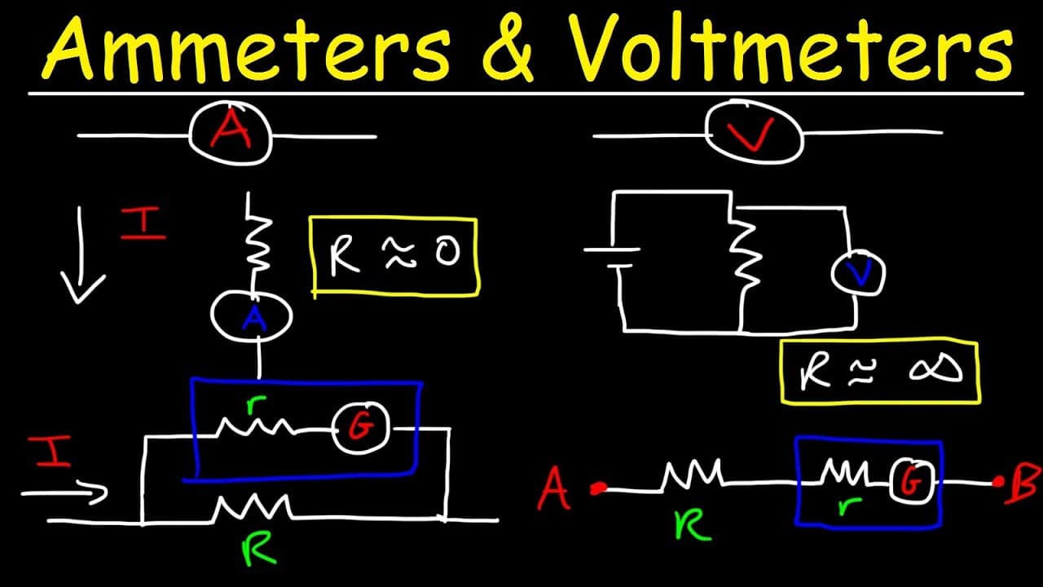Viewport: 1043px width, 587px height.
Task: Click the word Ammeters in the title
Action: coord(247,50)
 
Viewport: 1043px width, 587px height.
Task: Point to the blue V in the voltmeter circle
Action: coord(860,273)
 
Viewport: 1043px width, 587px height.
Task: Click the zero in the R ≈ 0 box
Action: coord(447,252)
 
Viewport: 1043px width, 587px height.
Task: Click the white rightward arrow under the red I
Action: coord(65,493)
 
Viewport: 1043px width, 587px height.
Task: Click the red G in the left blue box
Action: coord(361,427)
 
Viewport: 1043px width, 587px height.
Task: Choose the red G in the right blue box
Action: coord(910,481)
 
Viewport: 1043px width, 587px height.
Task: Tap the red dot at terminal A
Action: coord(598,488)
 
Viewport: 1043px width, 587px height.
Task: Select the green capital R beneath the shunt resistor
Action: coord(258,549)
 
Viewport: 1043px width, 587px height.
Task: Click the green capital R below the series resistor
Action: coord(693,525)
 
